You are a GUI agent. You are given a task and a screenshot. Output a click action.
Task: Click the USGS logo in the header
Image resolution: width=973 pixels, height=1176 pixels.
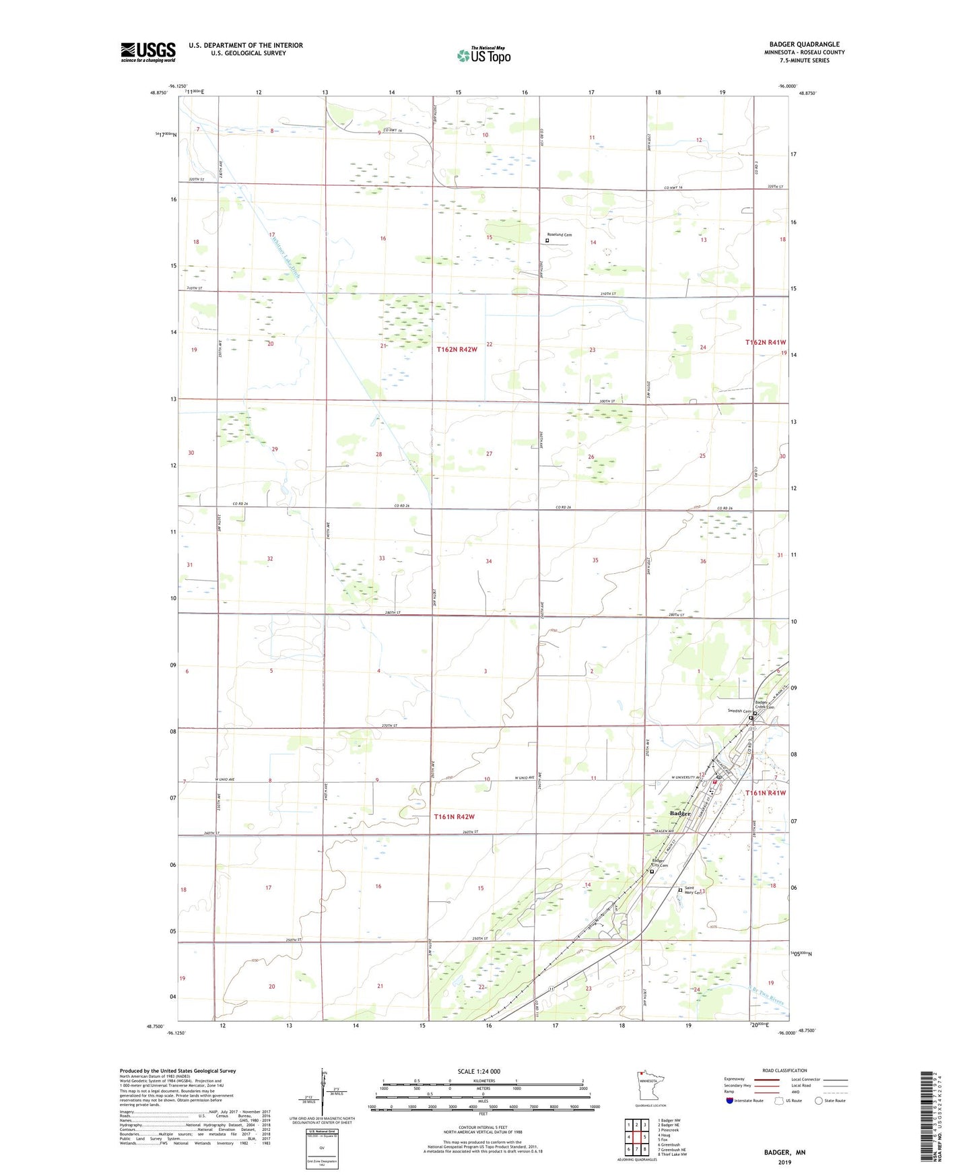(x=148, y=52)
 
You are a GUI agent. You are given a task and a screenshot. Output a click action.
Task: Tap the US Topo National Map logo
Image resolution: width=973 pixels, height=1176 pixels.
(x=483, y=55)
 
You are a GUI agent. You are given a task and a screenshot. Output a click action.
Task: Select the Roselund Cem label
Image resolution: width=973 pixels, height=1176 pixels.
(x=560, y=235)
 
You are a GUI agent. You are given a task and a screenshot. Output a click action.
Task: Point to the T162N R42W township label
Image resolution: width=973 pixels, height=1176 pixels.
(x=457, y=350)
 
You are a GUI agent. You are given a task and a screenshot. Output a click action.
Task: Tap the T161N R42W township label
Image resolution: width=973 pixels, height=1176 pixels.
(x=454, y=816)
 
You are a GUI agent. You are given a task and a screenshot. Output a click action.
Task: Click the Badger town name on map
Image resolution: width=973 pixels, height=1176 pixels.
(x=680, y=814)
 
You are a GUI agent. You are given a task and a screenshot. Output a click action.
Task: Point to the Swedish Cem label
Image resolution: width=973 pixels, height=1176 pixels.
(x=739, y=711)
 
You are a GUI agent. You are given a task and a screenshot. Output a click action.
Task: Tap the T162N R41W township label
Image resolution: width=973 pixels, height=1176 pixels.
(x=765, y=342)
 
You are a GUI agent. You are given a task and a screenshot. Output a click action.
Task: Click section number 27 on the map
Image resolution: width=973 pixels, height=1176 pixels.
(x=489, y=454)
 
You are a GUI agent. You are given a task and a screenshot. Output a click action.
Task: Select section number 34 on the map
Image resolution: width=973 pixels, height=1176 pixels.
(x=489, y=561)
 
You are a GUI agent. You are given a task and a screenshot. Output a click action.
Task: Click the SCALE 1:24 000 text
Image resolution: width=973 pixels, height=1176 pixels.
(x=479, y=1071)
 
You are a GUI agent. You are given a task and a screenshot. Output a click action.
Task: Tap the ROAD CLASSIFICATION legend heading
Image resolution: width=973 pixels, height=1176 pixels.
(x=784, y=1070)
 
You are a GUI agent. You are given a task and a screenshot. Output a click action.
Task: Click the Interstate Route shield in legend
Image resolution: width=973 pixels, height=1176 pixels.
(x=730, y=1101)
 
